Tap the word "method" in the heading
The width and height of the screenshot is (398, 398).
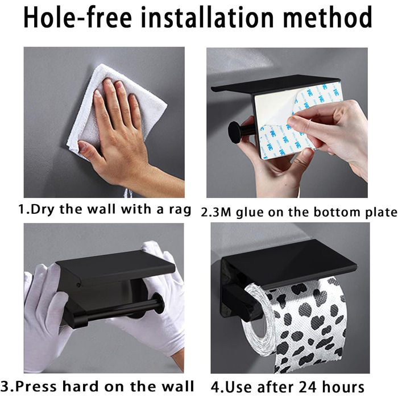coord(327,17)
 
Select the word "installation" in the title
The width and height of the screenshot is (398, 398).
coord(207,17)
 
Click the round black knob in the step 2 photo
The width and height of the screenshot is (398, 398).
coord(234,132)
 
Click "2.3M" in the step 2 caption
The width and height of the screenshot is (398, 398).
coord(216,212)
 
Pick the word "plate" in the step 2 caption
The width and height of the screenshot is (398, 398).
coord(381,213)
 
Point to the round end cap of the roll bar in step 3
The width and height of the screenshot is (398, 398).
coord(158,303)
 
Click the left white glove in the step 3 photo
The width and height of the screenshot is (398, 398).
coord(43,317)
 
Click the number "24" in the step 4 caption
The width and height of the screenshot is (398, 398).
coord(308,387)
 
